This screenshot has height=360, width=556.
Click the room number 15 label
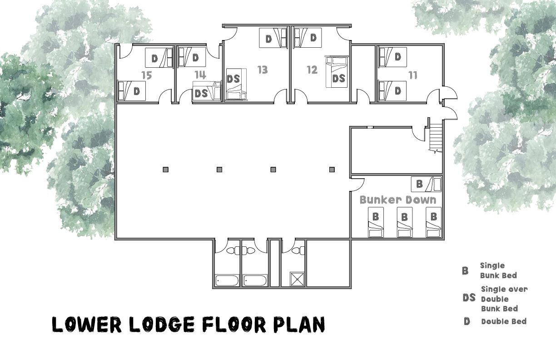tap(147, 75)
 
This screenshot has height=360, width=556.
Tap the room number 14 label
tap(200, 75)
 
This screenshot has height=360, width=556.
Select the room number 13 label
tap(263, 70)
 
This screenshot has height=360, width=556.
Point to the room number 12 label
tap(312, 70)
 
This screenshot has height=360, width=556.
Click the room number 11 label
tap(413, 75)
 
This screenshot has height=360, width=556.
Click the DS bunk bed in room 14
tap(207, 91)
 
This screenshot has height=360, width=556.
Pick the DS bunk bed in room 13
tap(236, 85)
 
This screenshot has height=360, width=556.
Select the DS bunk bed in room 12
tap(337, 72)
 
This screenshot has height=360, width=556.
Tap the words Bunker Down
tap(397, 200)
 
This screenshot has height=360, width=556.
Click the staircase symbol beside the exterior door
tap(436, 138)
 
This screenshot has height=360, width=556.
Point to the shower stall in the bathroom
tap(297, 279)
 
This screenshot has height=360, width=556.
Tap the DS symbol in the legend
tap(469, 298)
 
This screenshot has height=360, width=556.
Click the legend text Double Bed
tap(504, 321)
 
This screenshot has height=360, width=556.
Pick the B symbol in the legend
tap(465, 271)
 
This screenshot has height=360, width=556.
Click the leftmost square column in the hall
tap(165, 170)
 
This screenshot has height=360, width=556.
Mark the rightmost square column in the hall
tap(332, 170)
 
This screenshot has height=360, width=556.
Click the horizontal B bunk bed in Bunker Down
tap(426, 184)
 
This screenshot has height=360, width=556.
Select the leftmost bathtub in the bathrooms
tap(227, 281)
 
